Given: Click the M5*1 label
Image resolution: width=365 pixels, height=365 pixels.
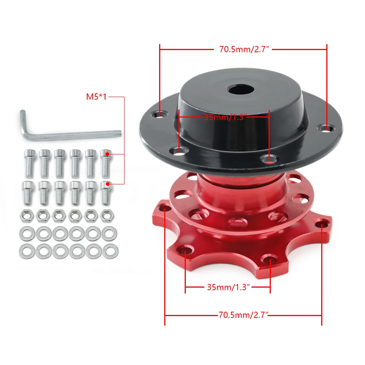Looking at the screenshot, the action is pos(96,97).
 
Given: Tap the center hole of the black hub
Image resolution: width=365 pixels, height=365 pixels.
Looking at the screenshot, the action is pos(241,90).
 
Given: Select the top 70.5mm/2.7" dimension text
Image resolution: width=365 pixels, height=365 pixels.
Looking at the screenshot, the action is pos(244,49).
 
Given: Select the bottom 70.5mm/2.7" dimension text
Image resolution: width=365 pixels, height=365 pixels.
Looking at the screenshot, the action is pos(243,315).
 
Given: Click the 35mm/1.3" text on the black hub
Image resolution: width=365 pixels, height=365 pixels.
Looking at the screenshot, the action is pos(225,117).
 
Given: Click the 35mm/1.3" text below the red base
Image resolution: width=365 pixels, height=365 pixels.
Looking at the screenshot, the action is pos(228,287).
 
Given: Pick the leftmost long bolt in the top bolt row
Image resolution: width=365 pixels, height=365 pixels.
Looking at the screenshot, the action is pos(30,164).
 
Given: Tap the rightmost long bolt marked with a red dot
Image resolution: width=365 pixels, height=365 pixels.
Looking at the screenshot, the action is pos(106,164).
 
